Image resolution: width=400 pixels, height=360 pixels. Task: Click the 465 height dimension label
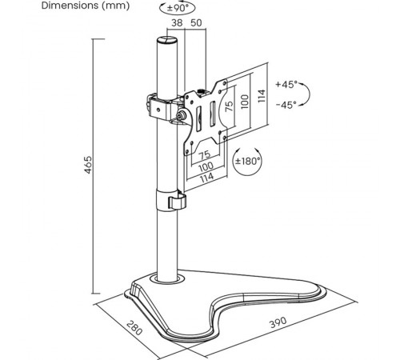click(88, 165)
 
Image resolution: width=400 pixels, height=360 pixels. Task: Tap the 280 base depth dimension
click(134, 327)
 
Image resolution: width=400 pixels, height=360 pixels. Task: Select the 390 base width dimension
click(278, 322)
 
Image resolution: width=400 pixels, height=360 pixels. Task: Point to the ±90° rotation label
click(178, 8)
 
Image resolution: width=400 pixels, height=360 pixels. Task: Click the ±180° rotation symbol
click(247, 161)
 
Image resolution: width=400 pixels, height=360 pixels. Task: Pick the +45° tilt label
click(286, 85)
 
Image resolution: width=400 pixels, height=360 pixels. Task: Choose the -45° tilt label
click(286, 105)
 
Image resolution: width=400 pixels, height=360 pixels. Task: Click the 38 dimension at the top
click(177, 23)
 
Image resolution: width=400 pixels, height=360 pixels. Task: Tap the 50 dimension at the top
click(196, 23)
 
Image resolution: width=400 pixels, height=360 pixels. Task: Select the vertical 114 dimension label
click(262, 96)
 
